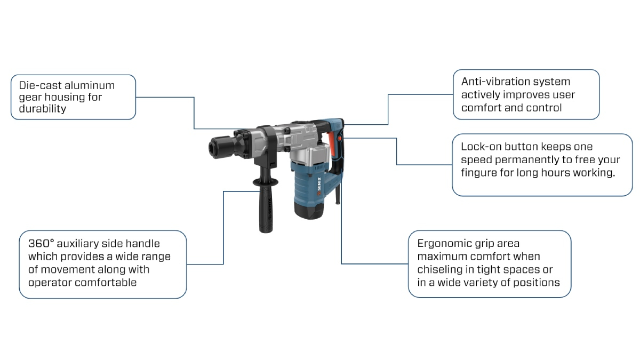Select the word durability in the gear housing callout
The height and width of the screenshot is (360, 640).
tap(43, 109)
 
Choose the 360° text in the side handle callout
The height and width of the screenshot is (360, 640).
tap(42, 244)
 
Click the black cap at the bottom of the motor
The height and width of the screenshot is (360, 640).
tap(308, 212)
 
